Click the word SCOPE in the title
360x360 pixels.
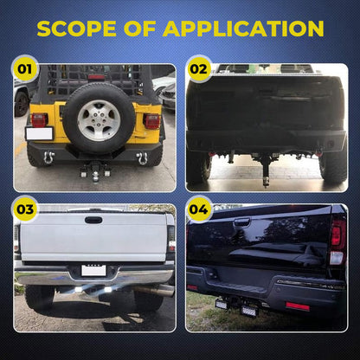76,29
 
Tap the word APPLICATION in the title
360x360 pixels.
243,29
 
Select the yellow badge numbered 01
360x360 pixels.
25,69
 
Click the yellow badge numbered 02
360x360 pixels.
198,69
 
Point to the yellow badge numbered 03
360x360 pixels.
25,209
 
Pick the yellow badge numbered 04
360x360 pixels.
198,209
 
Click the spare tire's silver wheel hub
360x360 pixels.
99,120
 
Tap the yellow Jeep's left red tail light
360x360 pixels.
40,120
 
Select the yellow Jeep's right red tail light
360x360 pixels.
151,121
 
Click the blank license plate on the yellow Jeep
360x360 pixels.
39,133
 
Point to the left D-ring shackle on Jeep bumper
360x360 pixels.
48,158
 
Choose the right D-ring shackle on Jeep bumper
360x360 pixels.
142,158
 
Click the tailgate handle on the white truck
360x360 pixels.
93,220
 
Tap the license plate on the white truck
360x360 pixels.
93,270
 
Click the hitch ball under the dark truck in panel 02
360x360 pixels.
266,181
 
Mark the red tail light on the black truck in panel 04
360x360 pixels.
337,233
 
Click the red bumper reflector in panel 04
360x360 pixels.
298,306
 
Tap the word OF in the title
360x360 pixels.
140,29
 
